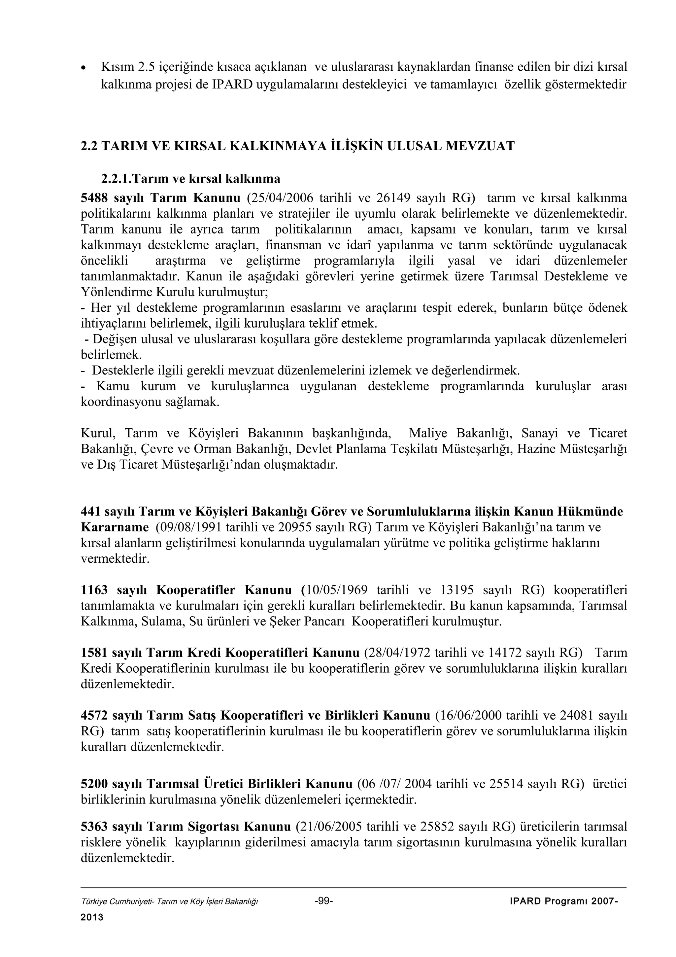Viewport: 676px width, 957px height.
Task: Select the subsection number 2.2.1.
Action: pyautogui.click(x=116, y=179)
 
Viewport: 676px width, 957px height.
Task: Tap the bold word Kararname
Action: pyautogui.click(x=115, y=527)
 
